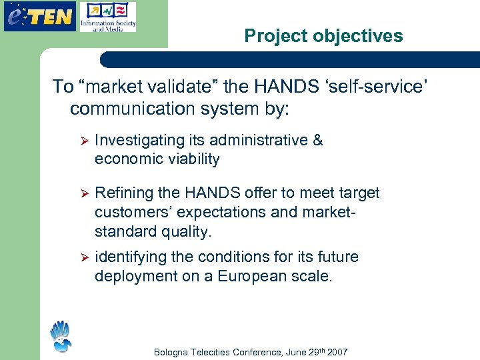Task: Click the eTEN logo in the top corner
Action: [x=39, y=16]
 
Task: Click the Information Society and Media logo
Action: [x=107, y=17]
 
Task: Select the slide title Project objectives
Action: [x=323, y=36]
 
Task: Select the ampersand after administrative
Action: [x=317, y=140]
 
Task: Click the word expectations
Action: [x=220, y=213]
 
